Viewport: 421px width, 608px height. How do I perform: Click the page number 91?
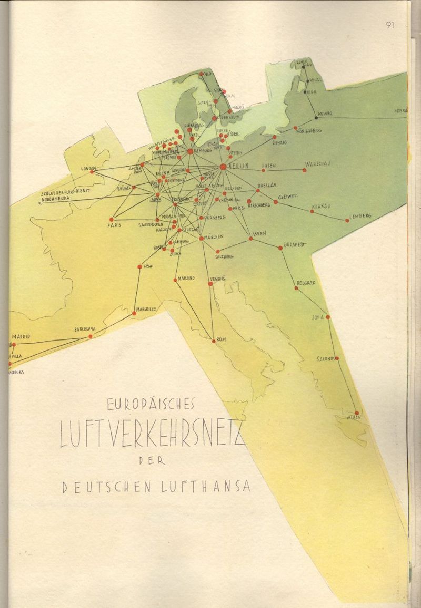(x=390, y=25)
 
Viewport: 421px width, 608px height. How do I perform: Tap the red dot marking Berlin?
(x=223, y=166)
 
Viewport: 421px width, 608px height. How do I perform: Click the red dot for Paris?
(x=112, y=220)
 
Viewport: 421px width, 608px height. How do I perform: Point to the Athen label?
(x=353, y=419)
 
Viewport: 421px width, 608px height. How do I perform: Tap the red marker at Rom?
(x=214, y=341)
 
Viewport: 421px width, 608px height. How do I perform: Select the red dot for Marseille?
(x=134, y=313)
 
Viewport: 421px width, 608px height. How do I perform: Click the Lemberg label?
(x=360, y=215)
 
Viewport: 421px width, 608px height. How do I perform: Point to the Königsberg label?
(x=310, y=131)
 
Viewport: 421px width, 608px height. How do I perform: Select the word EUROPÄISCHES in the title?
(x=151, y=404)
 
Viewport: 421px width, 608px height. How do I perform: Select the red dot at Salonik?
(x=337, y=358)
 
